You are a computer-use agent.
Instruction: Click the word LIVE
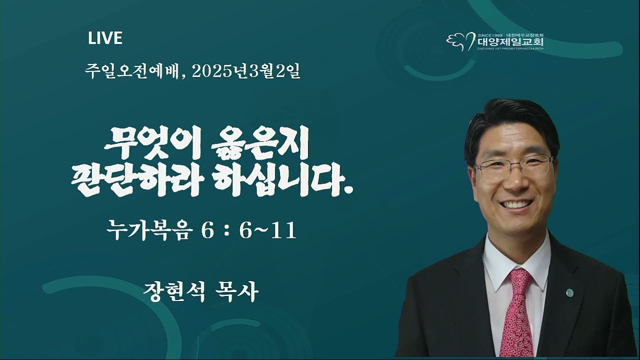(105, 38)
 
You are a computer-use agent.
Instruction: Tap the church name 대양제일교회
(510, 42)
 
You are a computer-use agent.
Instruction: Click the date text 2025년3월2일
(246, 71)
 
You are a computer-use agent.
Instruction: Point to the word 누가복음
(148, 231)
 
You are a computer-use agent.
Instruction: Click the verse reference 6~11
(267, 231)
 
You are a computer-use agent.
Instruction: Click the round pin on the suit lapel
(569, 292)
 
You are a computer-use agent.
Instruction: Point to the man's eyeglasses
(513, 167)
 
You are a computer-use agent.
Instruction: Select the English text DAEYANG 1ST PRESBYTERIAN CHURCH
(510, 49)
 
